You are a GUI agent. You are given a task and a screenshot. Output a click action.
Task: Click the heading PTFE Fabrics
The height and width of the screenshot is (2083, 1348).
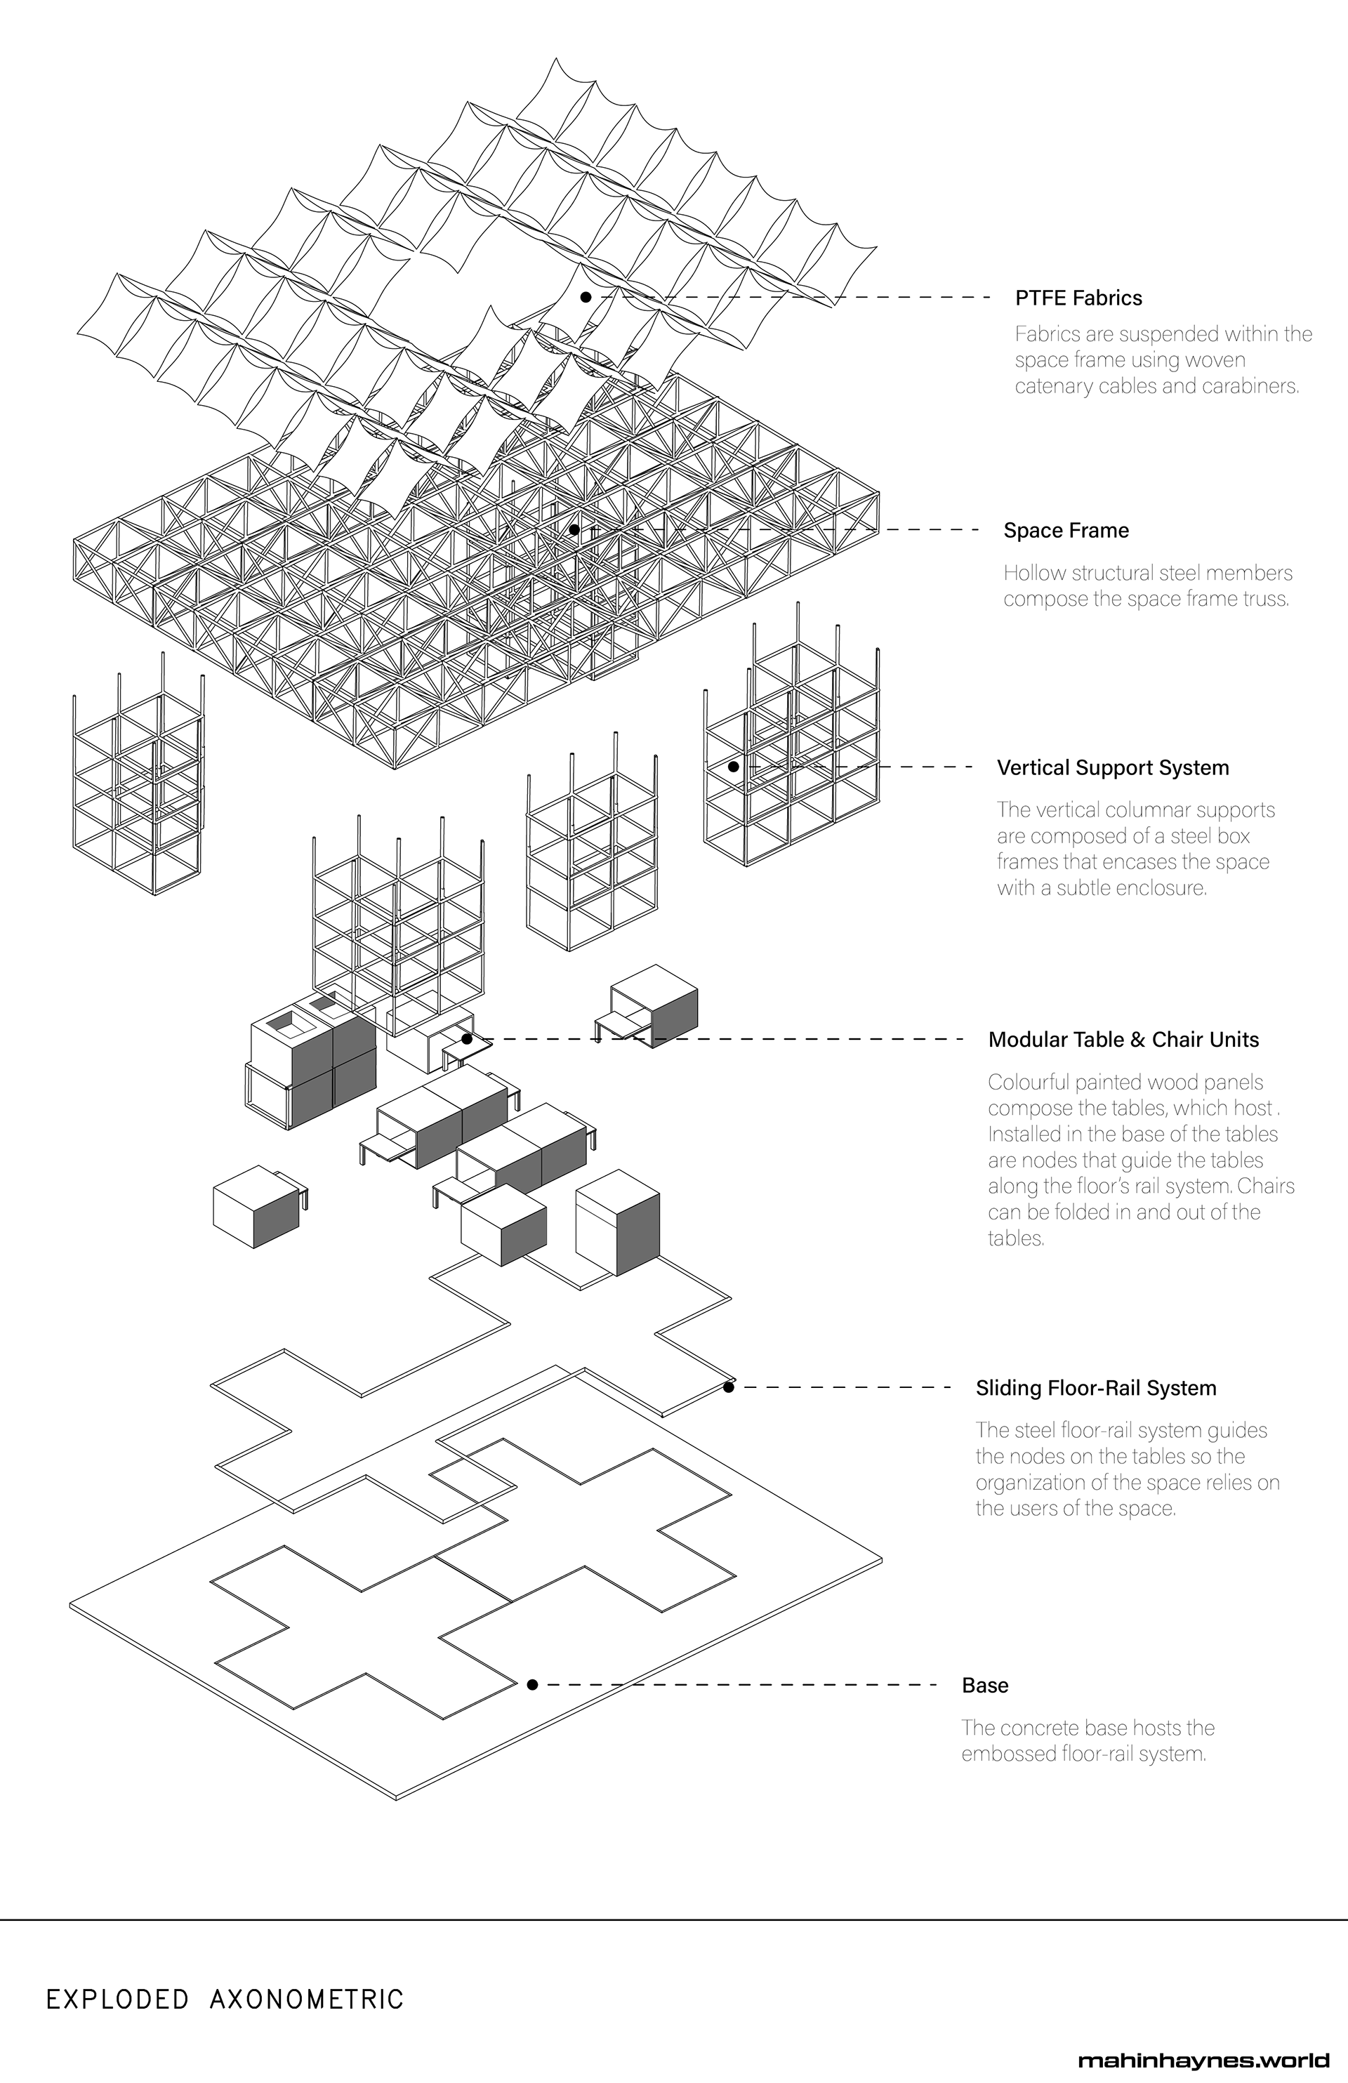[x=1078, y=298]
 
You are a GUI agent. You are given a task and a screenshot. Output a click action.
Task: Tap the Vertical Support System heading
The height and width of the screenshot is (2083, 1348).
[x=1113, y=767]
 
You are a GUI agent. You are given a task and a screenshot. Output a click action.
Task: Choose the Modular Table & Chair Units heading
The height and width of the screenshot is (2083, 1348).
[x=1123, y=1040]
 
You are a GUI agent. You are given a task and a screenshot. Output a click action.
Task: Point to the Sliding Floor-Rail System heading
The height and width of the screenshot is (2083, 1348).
[x=1095, y=1388]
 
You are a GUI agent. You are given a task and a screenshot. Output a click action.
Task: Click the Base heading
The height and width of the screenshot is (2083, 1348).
[x=985, y=1686]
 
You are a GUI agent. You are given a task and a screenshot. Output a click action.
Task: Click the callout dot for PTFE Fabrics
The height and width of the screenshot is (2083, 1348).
[x=586, y=298]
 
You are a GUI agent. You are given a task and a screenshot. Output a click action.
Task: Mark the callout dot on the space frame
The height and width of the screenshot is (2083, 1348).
[x=574, y=529]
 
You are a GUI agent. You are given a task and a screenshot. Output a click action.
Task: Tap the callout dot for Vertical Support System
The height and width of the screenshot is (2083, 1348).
[x=734, y=767]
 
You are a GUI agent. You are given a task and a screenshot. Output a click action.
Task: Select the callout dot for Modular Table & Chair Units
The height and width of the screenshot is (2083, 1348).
[x=468, y=1039]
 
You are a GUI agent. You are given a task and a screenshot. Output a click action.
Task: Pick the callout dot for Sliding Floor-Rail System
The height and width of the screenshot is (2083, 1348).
[x=728, y=1387]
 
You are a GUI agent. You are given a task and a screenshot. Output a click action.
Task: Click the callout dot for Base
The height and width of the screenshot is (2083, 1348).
[x=532, y=1685]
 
